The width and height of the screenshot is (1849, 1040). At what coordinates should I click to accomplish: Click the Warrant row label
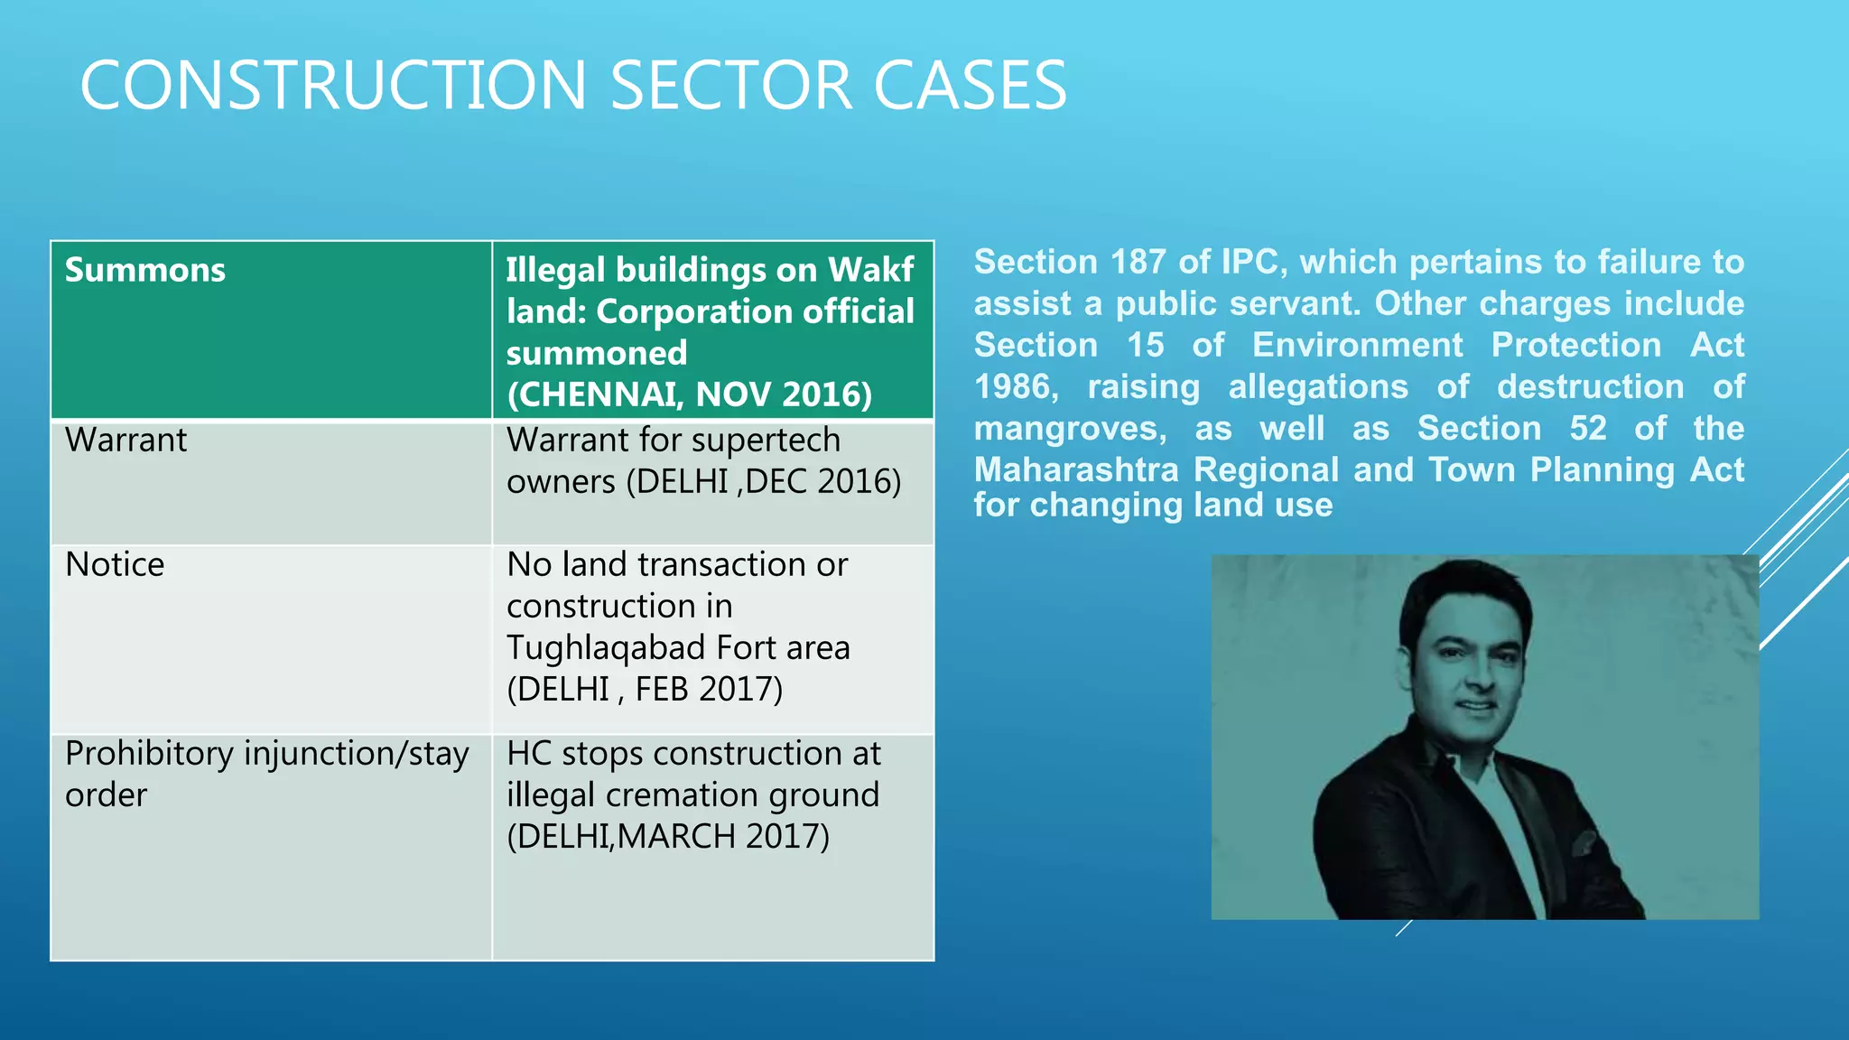point(125,440)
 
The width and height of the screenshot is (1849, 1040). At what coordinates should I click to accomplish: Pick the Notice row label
point(115,564)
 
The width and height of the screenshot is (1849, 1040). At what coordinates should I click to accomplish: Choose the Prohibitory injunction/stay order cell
point(266,774)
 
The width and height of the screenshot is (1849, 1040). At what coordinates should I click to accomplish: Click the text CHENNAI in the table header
point(593,395)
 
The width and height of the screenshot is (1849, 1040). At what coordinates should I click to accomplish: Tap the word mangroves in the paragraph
point(1070,428)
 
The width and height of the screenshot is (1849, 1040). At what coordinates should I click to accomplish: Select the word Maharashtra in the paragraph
point(1076,469)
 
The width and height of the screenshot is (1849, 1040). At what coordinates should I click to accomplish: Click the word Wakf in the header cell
point(871,270)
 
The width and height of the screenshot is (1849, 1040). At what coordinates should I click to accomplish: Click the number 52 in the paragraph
point(1588,428)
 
